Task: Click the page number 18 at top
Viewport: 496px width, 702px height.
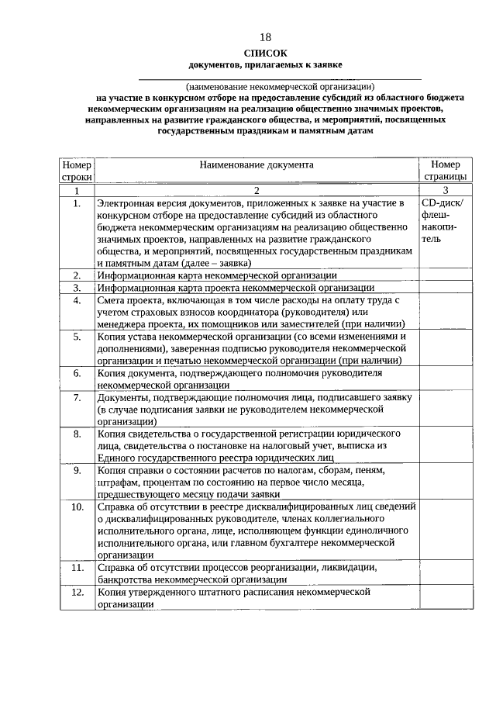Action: [x=266, y=36]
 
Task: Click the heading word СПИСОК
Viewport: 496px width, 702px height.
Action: [x=265, y=52]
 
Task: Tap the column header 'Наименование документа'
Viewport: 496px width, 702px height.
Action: [x=257, y=165]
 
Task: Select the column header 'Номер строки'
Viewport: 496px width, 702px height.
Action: [x=77, y=171]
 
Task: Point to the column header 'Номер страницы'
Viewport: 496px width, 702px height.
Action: [x=446, y=171]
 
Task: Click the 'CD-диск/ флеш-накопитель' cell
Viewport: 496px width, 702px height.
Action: [x=443, y=221]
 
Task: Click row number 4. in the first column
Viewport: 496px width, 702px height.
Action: [x=77, y=300]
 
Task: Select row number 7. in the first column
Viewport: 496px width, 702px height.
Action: [x=77, y=397]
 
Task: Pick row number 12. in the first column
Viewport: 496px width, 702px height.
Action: [x=77, y=592]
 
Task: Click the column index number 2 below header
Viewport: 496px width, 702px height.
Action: [x=257, y=190]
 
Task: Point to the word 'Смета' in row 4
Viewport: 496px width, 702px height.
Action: [x=113, y=300]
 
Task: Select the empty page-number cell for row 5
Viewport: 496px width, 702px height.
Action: [x=446, y=348]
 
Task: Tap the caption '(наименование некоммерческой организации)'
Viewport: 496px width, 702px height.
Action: [x=280, y=86]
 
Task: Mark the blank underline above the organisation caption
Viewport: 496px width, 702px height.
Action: [x=280, y=78]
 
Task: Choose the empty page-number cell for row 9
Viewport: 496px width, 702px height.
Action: [x=446, y=482]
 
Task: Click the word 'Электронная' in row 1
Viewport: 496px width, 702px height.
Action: [x=125, y=202]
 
